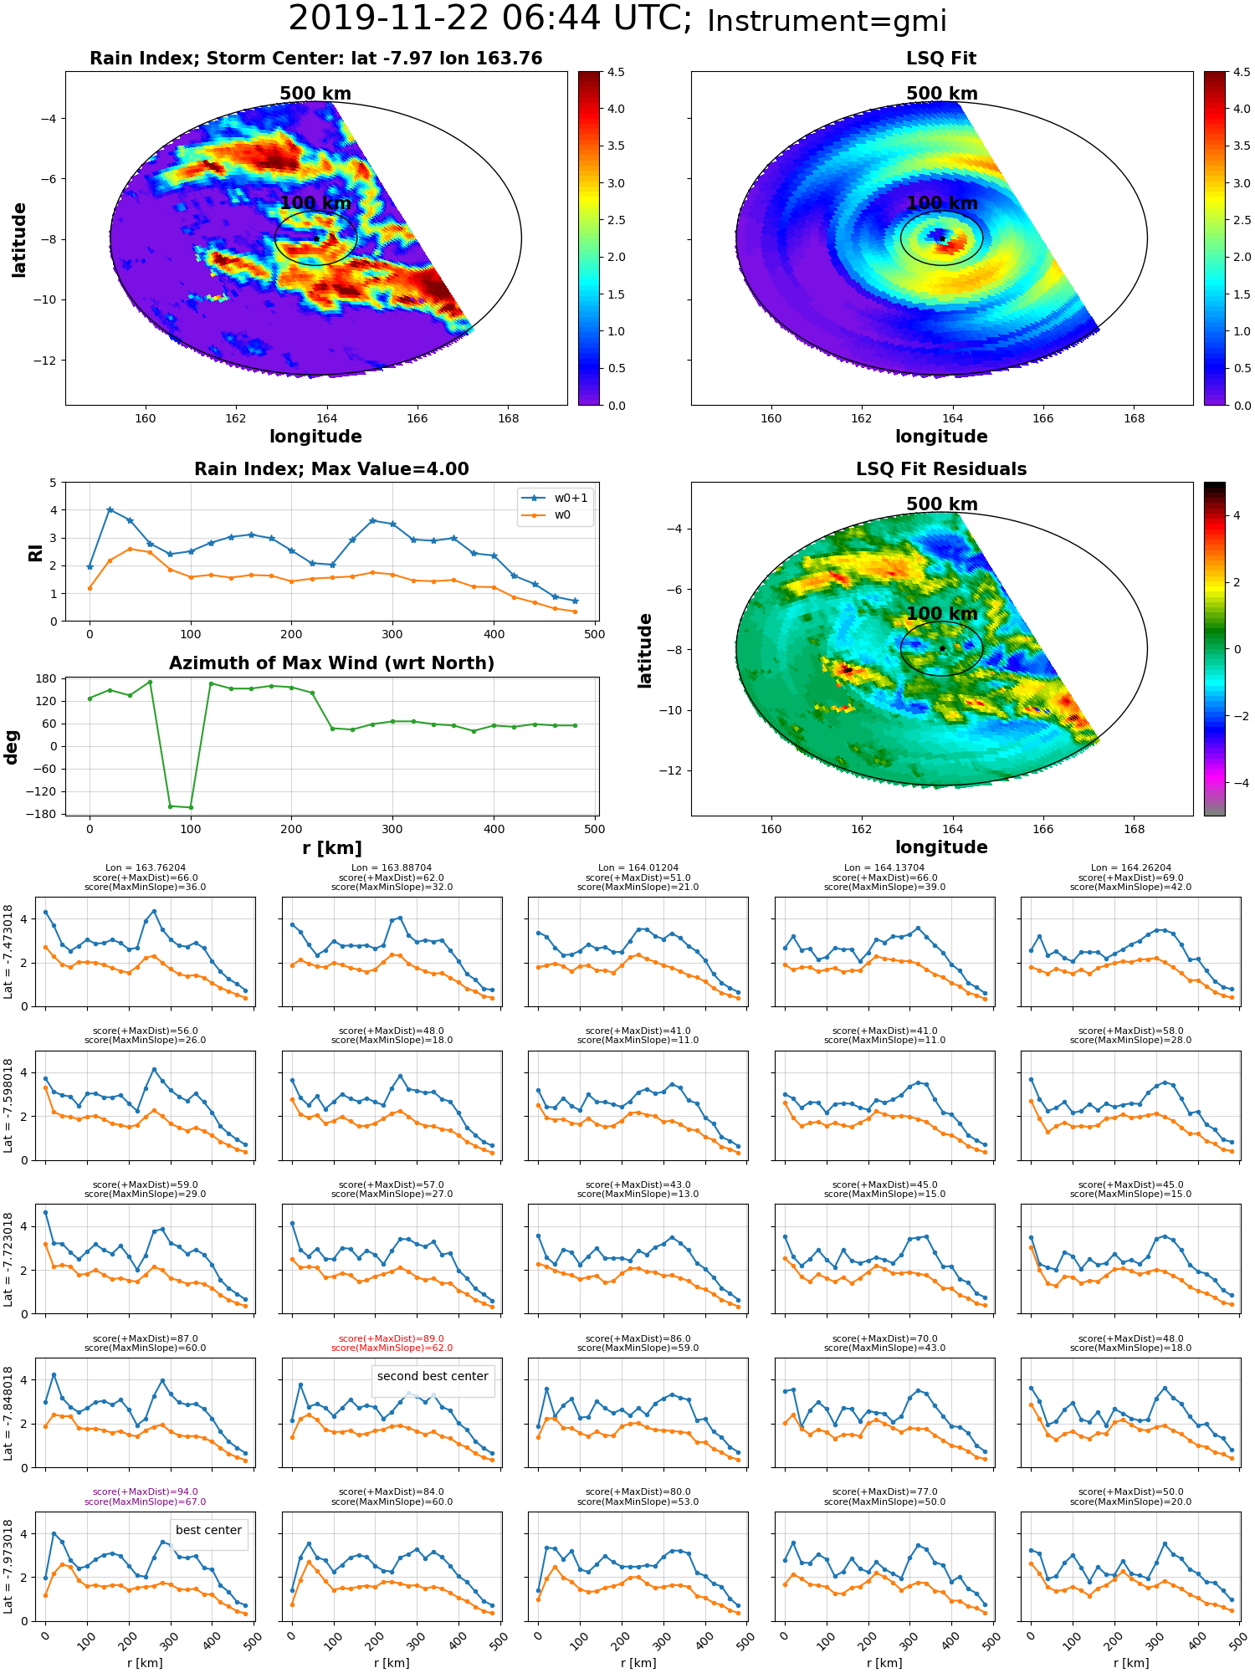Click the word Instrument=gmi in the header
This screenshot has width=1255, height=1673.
[827, 22]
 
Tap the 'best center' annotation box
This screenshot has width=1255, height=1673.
[208, 1530]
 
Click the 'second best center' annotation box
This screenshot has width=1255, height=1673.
[433, 1376]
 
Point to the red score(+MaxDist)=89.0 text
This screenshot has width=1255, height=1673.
[392, 1338]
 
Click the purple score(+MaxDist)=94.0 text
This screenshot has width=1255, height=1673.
[146, 1491]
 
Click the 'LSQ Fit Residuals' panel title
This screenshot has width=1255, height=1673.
[941, 469]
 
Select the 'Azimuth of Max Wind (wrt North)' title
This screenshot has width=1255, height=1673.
[331, 663]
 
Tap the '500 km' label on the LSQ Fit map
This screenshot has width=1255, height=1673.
[942, 94]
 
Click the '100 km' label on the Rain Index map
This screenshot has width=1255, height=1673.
[315, 203]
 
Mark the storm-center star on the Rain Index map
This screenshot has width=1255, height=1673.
[316, 238]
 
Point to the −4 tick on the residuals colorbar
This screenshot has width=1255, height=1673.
[1237, 783]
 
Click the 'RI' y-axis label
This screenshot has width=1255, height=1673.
[35, 553]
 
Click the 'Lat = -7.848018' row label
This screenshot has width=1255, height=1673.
[8, 1414]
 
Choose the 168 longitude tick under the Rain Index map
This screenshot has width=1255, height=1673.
[508, 418]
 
